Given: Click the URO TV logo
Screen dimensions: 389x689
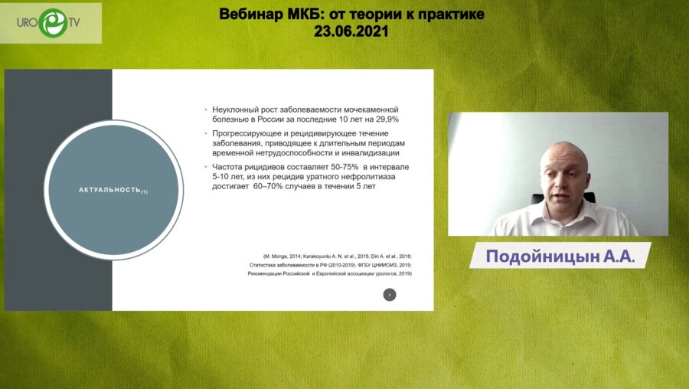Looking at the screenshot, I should pyautogui.click(x=52, y=22).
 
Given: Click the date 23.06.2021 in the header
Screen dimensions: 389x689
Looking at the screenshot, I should pyautogui.click(x=351, y=31).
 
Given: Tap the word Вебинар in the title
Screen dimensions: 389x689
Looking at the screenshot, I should pyautogui.click(x=252, y=14).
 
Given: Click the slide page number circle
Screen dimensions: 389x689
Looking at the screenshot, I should pyautogui.click(x=390, y=295).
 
